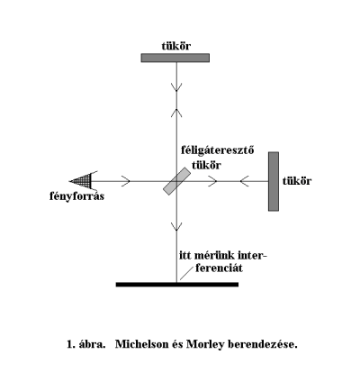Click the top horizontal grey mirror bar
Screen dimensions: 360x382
point(175,58)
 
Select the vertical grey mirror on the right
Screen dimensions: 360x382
point(274,181)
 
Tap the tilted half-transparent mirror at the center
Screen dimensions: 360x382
point(176,181)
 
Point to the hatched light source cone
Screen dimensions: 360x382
point(80,181)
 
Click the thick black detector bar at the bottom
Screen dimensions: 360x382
point(177,285)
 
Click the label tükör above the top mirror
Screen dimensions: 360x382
point(176,46)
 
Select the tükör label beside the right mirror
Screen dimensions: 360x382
point(297,181)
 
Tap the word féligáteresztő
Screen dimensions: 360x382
point(218,150)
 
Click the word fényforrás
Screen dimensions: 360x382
point(76,196)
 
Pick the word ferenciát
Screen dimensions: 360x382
point(219,268)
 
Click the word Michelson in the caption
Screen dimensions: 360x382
point(142,344)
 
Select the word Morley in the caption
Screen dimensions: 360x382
point(205,344)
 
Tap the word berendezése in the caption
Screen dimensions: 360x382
point(261,344)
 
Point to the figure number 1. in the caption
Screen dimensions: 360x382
point(71,344)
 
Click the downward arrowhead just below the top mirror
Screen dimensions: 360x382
point(176,87)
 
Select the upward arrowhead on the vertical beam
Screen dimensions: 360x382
point(176,113)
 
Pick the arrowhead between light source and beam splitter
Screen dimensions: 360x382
point(126,181)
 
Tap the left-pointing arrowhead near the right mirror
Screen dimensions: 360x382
point(244,181)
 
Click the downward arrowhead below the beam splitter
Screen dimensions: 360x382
point(176,227)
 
